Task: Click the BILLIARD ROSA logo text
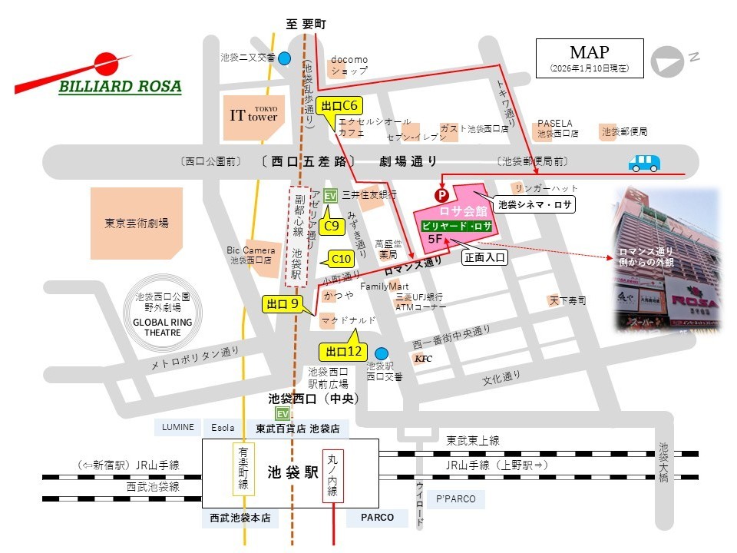(x=120, y=86)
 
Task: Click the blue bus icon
(x=644, y=163)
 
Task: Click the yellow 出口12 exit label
(x=343, y=352)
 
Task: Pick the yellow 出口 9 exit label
(x=282, y=304)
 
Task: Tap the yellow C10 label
(x=340, y=259)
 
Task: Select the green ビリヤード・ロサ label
(x=457, y=226)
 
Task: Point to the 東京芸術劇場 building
(x=137, y=223)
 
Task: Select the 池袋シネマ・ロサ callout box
(x=534, y=205)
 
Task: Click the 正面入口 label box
(x=484, y=258)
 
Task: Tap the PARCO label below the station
(x=376, y=518)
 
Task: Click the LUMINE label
(x=178, y=427)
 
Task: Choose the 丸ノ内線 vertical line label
(x=332, y=476)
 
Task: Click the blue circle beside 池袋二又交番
(x=285, y=58)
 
